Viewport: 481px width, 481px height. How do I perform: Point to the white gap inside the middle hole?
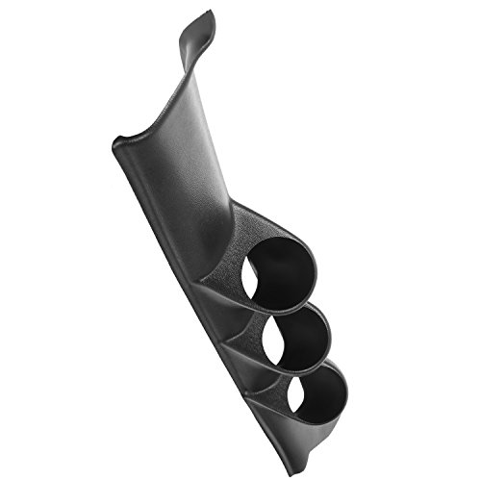pos(270,342)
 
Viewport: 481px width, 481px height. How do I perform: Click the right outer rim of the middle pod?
pos(332,332)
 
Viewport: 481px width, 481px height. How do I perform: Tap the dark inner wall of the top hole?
pos(289,265)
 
